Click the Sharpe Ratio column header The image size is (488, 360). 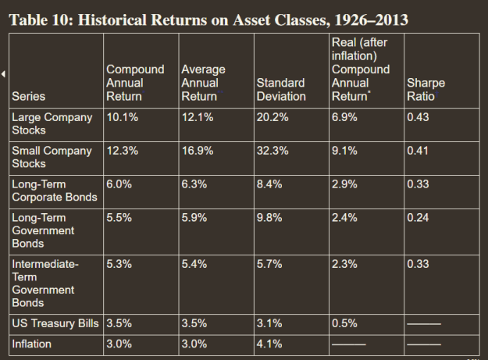point(426,90)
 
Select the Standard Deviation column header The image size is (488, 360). point(281,90)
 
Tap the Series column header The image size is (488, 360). point(28,97)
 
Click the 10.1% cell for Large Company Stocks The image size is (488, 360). point(123,117)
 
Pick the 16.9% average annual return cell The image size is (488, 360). point(198,151)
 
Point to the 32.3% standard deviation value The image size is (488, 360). point(272,151)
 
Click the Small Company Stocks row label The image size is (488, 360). point(52,157)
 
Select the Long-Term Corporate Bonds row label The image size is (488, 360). point(55,191)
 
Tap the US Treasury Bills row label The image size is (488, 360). point(55,323)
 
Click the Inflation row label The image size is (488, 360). point(31,344)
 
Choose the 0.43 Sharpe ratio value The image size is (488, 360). point(418,117)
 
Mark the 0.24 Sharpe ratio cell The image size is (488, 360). point(418,218)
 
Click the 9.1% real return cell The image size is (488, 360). point(344,151)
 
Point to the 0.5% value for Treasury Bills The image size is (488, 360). point(344,323)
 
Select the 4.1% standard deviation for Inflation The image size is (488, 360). point(269,344)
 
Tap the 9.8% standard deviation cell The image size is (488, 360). point(269,218)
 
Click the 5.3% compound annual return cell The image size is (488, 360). point(119,264)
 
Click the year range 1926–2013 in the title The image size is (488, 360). point(371,20)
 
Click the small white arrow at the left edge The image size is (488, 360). point(3,74)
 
